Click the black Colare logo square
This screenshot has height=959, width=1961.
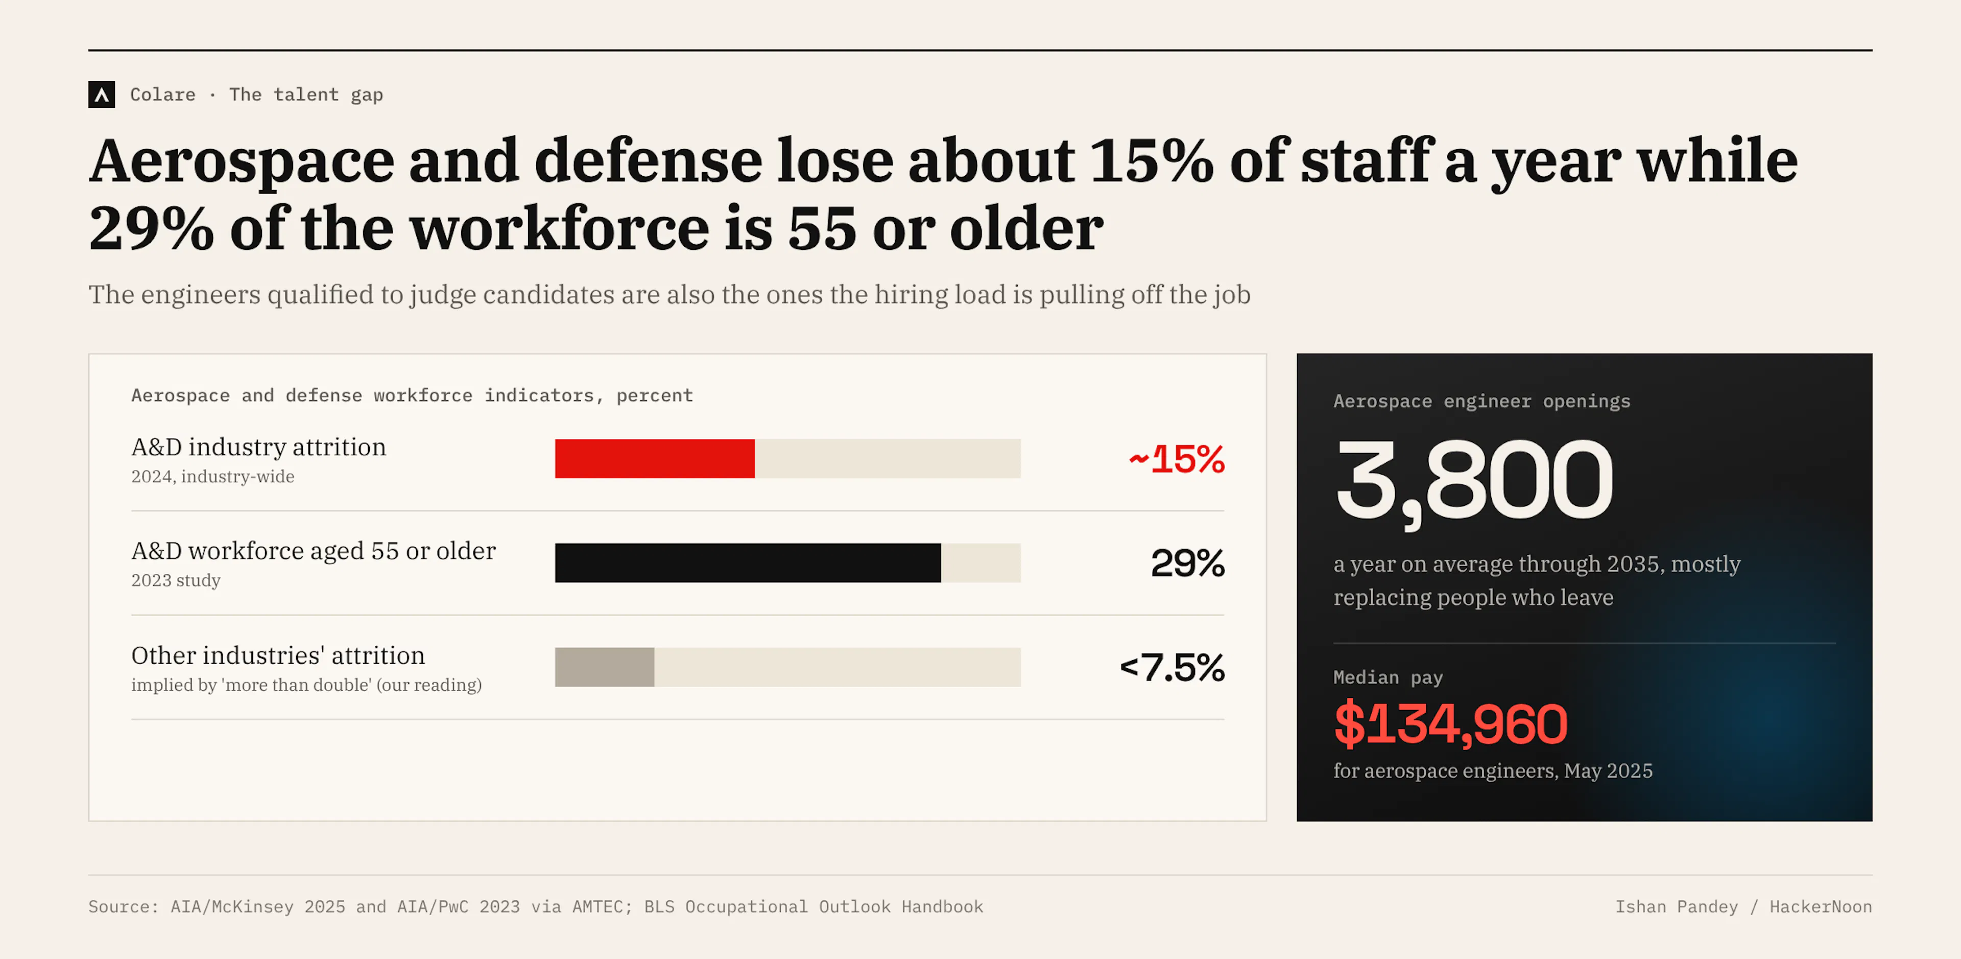coord(101,95)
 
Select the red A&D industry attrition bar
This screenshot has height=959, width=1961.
coord(655,459)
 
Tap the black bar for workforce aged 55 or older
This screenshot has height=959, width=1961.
coord(748,563)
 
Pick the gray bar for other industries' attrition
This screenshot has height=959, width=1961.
coord(605,667)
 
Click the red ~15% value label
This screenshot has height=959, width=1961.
coord(1176,459)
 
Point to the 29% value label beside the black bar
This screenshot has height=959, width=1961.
coord(1187,564)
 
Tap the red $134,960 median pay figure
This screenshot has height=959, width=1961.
coord(1451,723)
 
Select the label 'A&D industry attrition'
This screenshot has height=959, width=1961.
coord(259,447)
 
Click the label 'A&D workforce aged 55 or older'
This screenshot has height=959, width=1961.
coord(314,551)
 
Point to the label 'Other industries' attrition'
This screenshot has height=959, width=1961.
coord(278,655)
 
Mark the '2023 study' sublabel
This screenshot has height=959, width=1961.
coord(176,580)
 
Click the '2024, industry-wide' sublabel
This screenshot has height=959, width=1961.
coord(212,477)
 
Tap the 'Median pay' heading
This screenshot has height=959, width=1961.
coord(1388,677)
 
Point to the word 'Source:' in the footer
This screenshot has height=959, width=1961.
coord(123,906)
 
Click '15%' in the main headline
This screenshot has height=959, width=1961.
coord(1152,161)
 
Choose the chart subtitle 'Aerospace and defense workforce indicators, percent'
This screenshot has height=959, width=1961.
coord(412,395)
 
